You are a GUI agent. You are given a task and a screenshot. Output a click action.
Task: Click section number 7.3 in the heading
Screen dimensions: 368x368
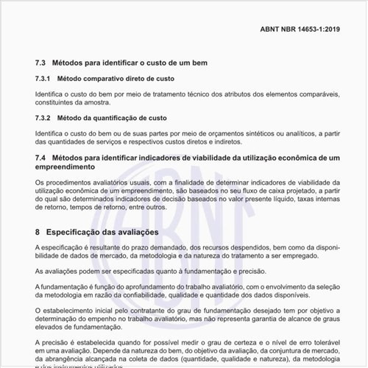pos(40,63)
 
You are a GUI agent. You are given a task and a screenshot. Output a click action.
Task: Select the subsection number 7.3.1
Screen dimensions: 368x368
pos(43,78)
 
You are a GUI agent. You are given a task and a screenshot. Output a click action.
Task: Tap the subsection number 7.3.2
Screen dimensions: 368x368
pos(43,118)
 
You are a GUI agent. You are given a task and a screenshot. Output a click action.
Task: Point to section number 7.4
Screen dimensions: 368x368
pos(40,158)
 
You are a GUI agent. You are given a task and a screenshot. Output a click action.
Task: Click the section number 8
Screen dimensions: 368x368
pos(38,232)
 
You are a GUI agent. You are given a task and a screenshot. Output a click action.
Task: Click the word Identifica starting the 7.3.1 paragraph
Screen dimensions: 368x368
pos(49,93)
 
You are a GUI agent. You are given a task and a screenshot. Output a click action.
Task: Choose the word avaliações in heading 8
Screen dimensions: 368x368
pos(138,232)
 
